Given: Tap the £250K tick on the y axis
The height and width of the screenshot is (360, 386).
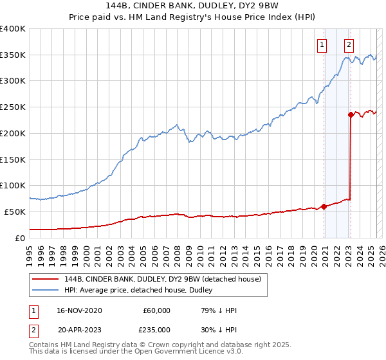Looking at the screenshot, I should click(13, 107).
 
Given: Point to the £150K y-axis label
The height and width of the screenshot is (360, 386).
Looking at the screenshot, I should click(13, 159).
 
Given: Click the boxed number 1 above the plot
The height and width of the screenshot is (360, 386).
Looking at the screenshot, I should click(321, 45).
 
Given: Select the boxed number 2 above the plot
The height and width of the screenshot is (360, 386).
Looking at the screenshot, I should click(349, 45).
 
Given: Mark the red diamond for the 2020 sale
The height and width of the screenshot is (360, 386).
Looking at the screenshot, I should click(324, 206).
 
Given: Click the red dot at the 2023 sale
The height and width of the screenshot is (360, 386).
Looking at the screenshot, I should click(351, 115).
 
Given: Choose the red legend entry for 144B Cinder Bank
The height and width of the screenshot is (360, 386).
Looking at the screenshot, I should click(161, 279).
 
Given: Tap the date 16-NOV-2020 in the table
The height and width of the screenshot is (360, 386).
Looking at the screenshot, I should click(79, 310).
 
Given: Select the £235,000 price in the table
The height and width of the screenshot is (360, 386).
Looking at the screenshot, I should click(154, 330).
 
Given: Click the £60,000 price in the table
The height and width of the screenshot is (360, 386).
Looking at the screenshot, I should click(156, 310).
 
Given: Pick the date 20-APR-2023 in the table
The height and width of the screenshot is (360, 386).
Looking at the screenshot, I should click(79, 330).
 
